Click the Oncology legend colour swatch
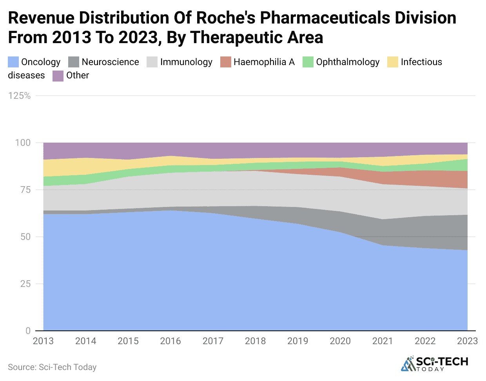[13, 62]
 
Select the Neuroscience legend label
[110, 62]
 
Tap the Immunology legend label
[186, 62]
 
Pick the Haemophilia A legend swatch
[226, 62]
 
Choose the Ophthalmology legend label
[348, 62]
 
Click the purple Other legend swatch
[58, 76]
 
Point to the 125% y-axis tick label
[19, 96]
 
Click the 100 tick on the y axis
[23, 143]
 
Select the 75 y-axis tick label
[25, 190]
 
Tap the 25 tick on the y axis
[25, 284]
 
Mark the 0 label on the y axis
[28, 331]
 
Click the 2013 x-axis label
[43, 341]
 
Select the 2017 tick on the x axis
[213, 341]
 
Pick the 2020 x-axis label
[340, 341]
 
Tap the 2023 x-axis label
[467, 341]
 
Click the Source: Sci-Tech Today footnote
[52, 367]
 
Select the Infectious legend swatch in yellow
[393, 62]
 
